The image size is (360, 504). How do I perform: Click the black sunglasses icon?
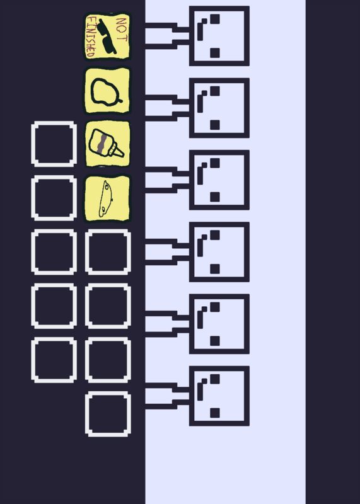click(107, 37)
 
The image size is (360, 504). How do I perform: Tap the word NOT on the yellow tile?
click(122, 29)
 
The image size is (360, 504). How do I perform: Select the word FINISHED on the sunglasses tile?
click(91, 37)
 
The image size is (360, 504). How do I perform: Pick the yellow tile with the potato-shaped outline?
click(107, 91)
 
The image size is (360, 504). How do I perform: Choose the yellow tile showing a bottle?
click(107, 144)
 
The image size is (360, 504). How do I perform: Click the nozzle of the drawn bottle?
click(117, 151)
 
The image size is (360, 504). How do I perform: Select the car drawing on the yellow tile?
click(105, 198)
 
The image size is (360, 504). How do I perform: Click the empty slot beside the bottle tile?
click(54, 144)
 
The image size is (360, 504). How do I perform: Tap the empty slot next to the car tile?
click(54, 198)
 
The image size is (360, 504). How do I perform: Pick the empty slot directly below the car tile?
click(108, 252)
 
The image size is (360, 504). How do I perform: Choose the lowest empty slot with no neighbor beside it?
click(108, 414)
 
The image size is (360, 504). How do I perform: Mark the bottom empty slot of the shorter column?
click(54, 360)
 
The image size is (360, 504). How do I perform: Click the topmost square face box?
click(219, 36)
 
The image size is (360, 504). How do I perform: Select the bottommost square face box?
click(219, 396)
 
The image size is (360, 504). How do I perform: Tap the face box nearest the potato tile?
click(219, 108)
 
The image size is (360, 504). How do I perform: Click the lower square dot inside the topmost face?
click(215, 53)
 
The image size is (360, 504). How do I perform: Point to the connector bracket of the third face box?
click(167, 180)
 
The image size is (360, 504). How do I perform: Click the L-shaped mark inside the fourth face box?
click(201, 246)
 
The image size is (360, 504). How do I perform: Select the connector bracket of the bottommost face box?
click(167, 396)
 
